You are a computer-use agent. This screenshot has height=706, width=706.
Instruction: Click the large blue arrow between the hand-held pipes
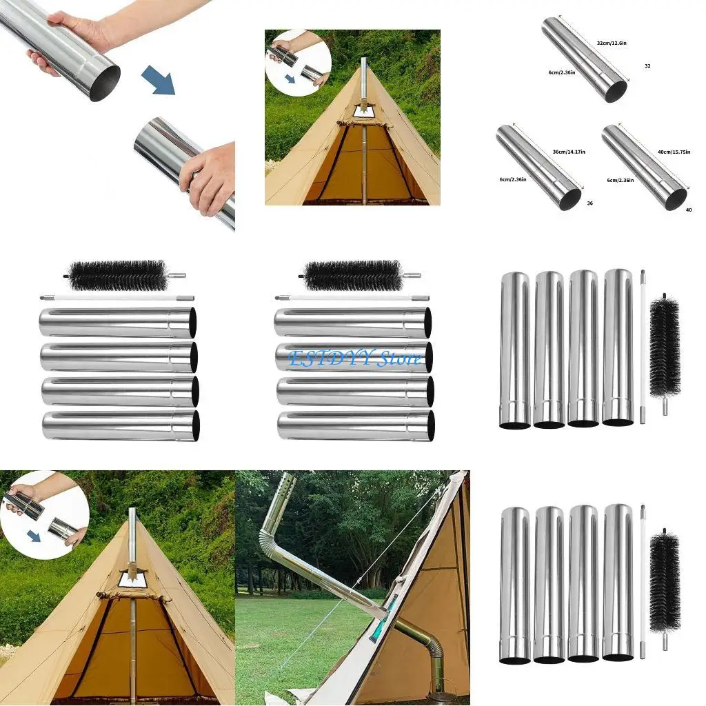[x=159, y=79]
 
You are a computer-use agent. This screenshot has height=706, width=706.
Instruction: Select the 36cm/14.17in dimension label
[x=570, y=152]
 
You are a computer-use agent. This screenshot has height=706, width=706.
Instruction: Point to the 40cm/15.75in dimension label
[x=674, y=152]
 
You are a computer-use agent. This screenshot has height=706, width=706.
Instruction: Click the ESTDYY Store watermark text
[x=354, y=359]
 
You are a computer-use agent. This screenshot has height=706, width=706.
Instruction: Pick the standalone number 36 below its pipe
[x=589, y=203]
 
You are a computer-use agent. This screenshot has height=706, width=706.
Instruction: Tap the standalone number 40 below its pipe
[x=689, y=210]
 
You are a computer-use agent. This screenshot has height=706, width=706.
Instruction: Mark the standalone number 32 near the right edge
[x=647, y=66]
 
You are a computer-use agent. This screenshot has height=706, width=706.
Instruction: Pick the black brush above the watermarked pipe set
[x=354, y=276]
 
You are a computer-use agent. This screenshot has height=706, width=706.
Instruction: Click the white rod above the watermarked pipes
[x=352, y=299]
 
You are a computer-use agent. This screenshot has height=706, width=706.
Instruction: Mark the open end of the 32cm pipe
[x=616, y=91]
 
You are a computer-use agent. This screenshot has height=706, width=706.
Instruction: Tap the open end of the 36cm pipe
[x=570, y=199]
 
